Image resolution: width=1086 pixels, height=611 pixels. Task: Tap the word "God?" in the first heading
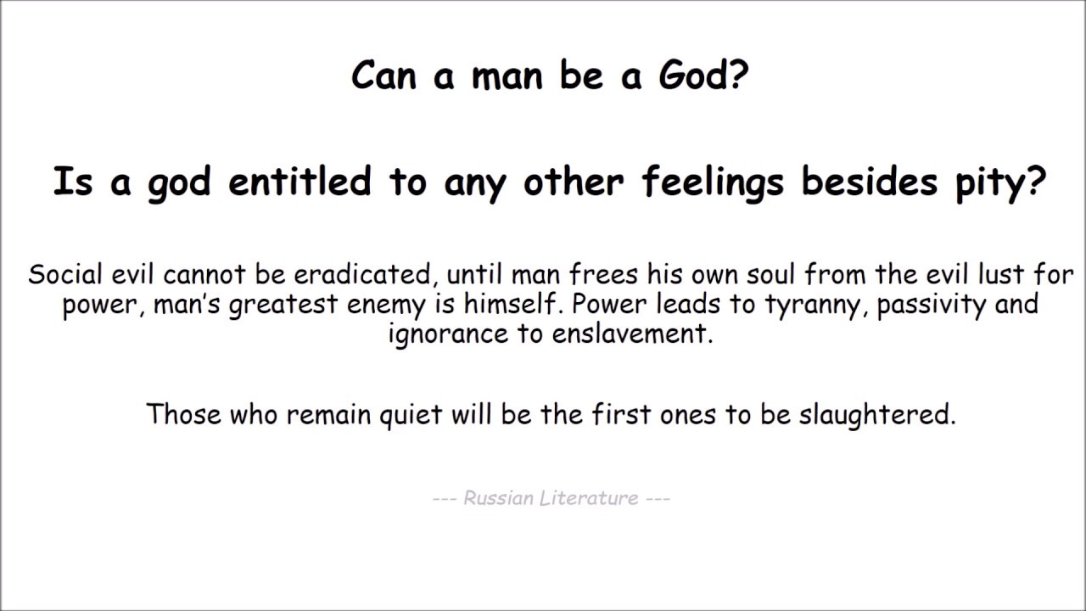click(x=703, y=76)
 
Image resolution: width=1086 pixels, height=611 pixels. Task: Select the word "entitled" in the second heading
click(x=300, y=182)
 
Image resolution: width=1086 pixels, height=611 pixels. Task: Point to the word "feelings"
click(x=714, y=182)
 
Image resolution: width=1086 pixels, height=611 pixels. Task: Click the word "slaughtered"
click(x=876, y=414)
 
